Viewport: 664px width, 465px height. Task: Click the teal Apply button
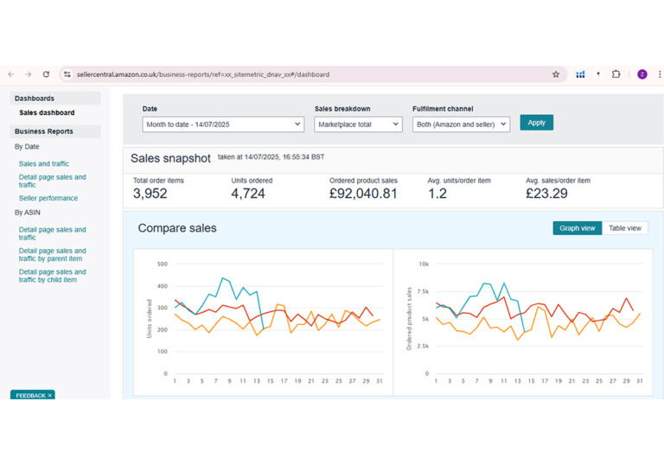coord(536,123)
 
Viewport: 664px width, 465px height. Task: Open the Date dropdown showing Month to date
coord(223,124)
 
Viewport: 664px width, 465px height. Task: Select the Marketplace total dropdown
coord(358,124)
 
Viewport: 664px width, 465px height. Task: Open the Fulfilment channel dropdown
coord(461,124)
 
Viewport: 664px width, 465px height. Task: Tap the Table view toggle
coord(624,228)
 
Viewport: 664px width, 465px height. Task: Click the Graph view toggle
coord(578,228)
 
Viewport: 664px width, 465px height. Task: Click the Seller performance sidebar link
coord(48,198)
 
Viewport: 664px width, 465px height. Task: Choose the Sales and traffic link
coord(43,163)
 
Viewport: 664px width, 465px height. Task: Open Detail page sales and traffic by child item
coord(52,276)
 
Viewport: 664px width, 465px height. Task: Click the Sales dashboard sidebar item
coord(47,112)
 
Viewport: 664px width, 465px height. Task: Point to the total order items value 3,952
coord(150,194)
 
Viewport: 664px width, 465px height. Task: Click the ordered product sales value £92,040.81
coord(363,194)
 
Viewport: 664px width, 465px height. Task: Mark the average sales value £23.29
coord(546,194)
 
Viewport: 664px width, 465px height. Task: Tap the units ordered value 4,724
coord(248,194)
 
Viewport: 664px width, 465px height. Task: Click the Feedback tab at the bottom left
coord(33,395)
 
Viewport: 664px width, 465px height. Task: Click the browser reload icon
coord(46,74)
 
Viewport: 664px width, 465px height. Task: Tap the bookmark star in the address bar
coord(556,74)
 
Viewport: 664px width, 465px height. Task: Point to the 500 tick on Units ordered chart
coord(163,264)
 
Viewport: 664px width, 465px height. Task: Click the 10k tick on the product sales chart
coord(424,264)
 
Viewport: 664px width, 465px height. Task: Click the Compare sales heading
coord(177,228)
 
